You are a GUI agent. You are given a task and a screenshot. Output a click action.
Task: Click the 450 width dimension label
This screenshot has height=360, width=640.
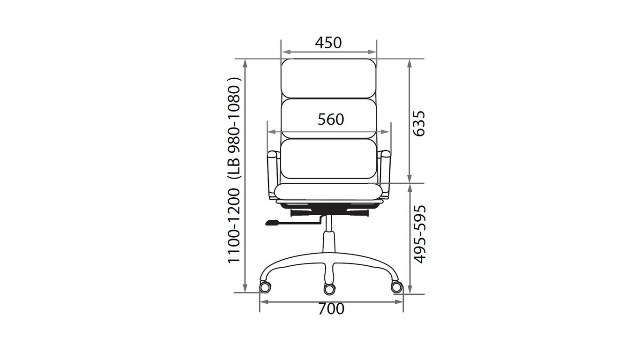[328, 43]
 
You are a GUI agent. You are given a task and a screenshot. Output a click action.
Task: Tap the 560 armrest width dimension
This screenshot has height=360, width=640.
[331, 120]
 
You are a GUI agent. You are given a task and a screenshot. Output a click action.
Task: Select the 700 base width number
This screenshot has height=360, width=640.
[331, 309]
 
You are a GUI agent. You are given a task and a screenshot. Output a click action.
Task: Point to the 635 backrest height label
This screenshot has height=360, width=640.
[419, 124]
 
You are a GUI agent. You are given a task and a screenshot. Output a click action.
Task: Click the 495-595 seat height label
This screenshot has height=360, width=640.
[420, 234]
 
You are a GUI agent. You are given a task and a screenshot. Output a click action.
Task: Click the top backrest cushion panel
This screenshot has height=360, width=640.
[328, 79]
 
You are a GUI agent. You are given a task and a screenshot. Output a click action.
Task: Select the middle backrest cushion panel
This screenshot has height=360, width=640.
[328, 119]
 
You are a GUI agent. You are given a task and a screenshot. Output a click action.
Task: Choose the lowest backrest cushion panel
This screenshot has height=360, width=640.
[328, 159]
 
